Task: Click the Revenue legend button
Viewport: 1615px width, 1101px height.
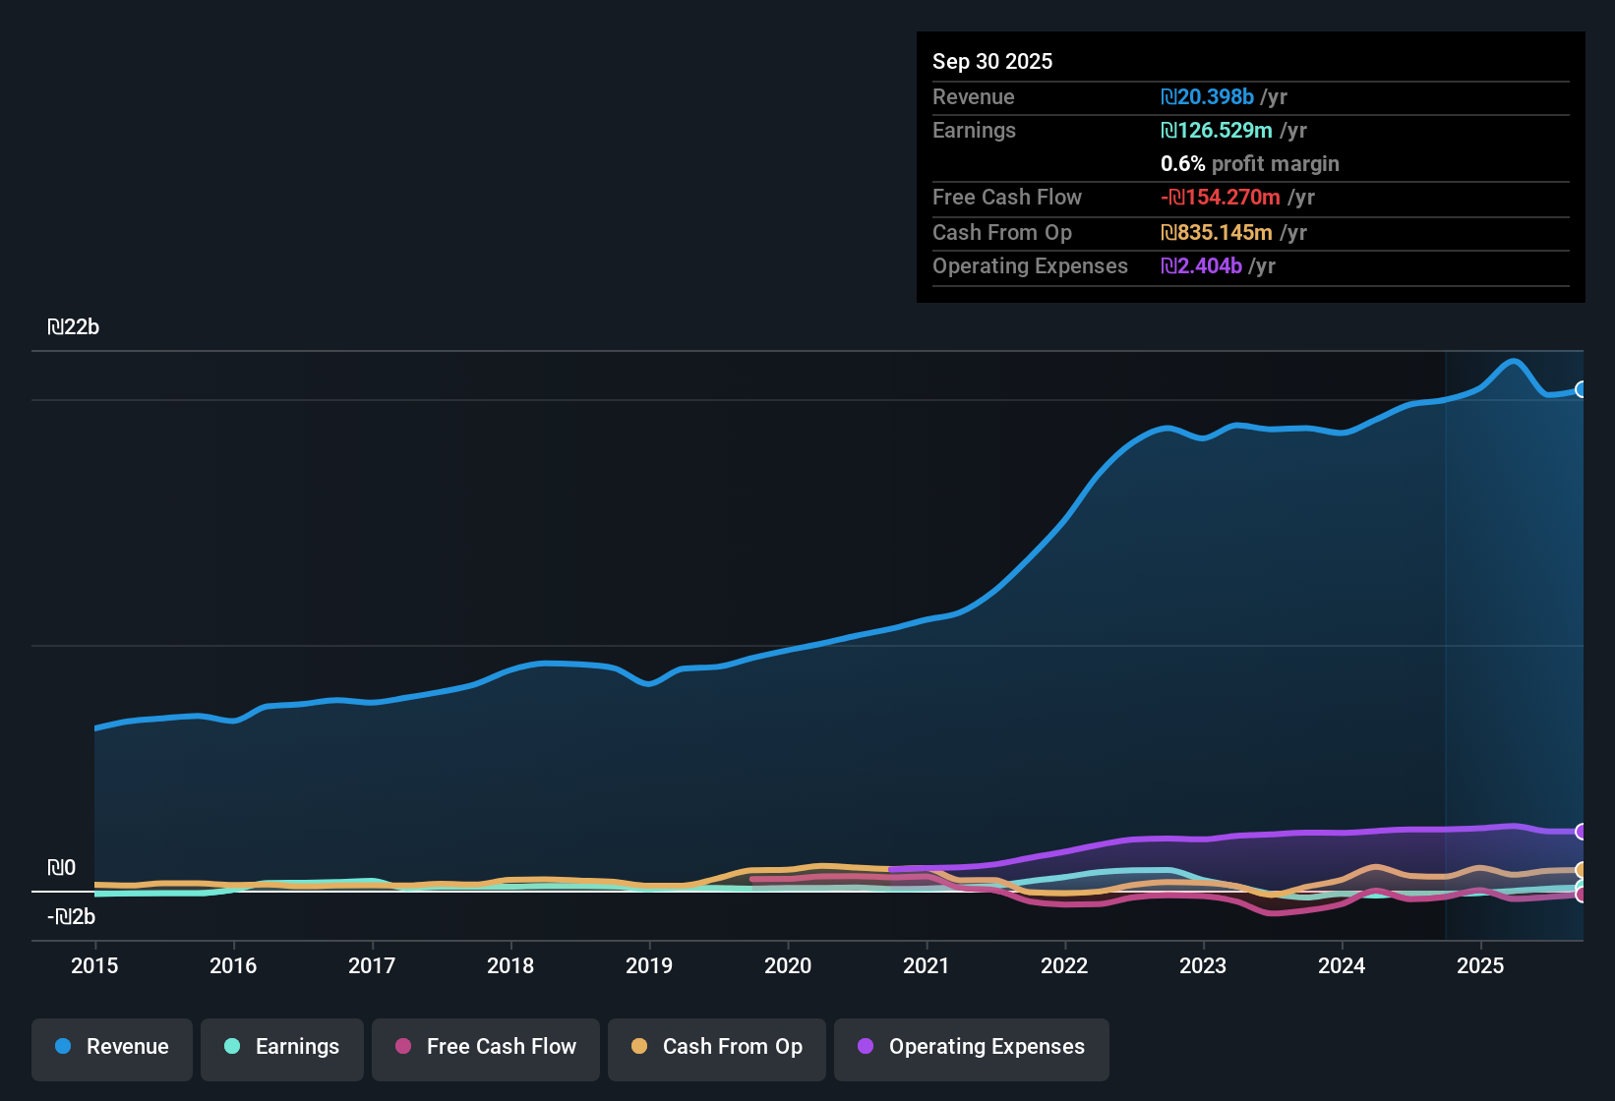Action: [112, 1047]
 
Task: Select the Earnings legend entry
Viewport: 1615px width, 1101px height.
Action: [282, 1047]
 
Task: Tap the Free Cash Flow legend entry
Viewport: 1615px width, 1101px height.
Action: [486, 1047]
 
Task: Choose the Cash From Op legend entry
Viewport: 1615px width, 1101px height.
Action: [717, 1047]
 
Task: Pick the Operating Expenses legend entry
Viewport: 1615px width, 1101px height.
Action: [972, 1047]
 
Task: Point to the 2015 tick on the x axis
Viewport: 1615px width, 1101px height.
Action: [94, 965]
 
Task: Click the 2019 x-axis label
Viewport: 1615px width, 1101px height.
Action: [649, 965]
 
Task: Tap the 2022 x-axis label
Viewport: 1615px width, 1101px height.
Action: [1064, 965]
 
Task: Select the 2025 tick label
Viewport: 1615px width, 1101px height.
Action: [1480, 965]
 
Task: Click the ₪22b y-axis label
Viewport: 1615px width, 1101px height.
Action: [74, 327]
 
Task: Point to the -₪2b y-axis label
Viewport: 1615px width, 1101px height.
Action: [72, 917]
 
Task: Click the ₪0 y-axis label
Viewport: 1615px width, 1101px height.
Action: [62, 868]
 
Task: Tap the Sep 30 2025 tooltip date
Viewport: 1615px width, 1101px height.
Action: [992, 61]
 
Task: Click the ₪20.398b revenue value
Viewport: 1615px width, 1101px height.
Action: [1208, 96]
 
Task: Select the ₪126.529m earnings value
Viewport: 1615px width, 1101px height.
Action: [1217, 130]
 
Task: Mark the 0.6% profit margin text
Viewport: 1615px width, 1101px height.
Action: [1249, 163]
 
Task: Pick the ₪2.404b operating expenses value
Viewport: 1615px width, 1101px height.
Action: [1202, 265]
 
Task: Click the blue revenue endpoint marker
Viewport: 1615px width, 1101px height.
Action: [1581, 389]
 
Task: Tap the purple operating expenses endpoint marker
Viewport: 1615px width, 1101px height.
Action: [1581, 832]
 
